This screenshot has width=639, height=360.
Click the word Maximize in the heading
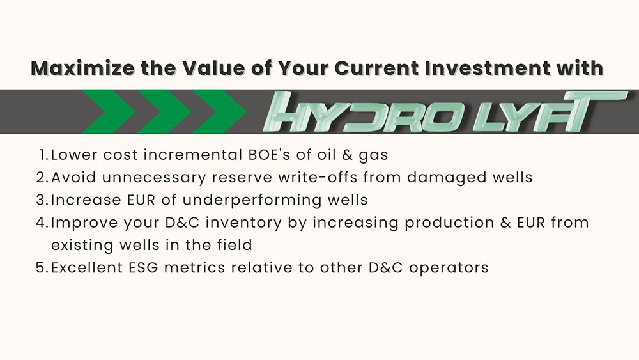tap(83, 68)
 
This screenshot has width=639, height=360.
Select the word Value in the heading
tap(214, 68)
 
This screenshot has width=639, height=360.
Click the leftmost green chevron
tap(108, 112)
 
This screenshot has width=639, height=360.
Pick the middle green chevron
tap(164, 112)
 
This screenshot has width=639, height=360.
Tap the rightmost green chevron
tap(219, 112)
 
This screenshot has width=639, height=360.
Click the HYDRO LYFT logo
tap(444, 112)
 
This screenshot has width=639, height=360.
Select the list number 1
tap(44, 155)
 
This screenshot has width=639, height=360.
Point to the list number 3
tap(42, 200)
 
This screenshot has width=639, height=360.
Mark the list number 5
tap(42, 268)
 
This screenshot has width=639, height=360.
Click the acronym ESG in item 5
tap(143, 268)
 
